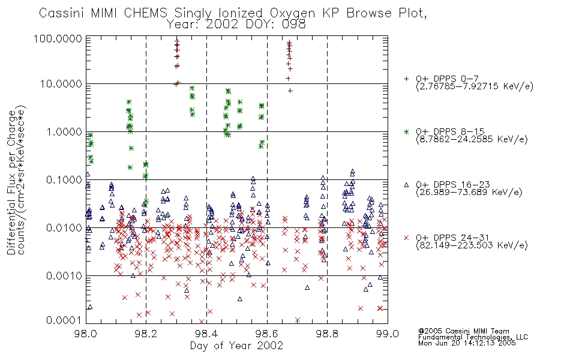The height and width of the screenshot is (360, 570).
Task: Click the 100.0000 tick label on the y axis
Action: (58, 38)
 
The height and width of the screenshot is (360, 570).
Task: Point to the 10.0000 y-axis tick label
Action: (61, 84)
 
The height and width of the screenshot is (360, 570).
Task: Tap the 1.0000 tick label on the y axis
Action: (64, 132)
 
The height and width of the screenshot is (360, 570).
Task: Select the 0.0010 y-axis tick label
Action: (64, 276)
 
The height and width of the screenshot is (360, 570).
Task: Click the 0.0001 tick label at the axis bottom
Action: (64, 320)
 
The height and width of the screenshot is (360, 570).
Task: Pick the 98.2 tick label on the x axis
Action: (146, 334)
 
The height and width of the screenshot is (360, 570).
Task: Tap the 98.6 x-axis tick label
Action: (267, 334)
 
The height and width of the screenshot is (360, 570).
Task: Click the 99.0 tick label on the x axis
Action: (388, 334)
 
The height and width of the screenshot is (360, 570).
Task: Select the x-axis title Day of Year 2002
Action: (236, 346)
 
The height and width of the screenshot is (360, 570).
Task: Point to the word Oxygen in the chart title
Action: (293, 13)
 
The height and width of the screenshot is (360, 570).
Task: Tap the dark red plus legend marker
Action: (406, 79)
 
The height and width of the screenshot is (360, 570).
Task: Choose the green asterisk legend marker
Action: (406, 131)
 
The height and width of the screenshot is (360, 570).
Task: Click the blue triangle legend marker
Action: (406, 185)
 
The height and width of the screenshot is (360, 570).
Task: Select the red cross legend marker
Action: (406, 238)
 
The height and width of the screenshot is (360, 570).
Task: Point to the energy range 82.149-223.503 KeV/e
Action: (472, 245)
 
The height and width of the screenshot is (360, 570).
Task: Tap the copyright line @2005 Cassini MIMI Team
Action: (464, 331)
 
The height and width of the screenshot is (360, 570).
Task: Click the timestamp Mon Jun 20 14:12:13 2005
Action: (467, 343)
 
